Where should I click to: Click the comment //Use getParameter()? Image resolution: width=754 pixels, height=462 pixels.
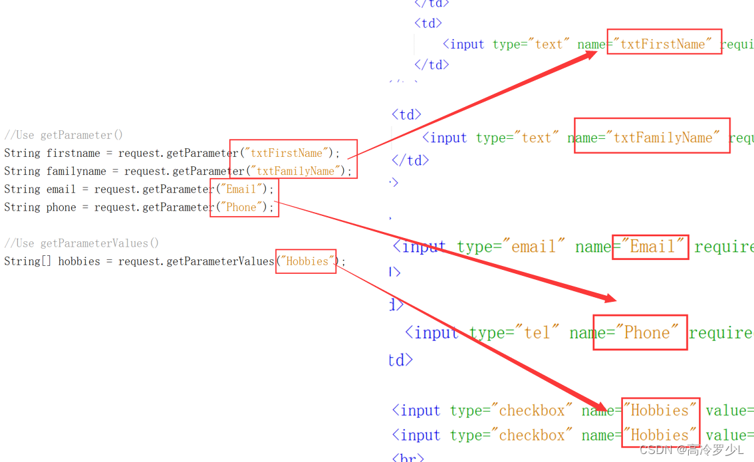click(x=64, y=135)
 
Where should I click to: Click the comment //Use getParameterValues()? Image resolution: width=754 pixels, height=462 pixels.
click(x=82, y=243)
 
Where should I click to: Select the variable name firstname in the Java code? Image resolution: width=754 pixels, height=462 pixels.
click(x=73, y=153)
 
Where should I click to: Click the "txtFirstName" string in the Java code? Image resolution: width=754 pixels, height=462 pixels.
click(x=287, y=153)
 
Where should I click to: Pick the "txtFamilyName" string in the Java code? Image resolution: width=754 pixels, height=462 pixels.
click(x=297, y=171)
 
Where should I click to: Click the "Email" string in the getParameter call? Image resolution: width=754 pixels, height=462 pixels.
click(x=241, y=189)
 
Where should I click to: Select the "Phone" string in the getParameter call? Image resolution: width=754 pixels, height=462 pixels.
click(x=241, y=207)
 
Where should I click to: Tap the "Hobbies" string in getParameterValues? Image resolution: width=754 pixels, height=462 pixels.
click(x=307, y=261)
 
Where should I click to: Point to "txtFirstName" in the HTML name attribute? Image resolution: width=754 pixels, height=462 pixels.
click(x=663, y=44)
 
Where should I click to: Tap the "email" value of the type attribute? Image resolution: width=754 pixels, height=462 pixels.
click(x=533, y=247)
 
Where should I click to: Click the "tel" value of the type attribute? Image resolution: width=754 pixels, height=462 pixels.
click(x=537, y=332)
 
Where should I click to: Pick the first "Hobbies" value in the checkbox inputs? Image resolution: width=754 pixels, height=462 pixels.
click(x=660, y=410)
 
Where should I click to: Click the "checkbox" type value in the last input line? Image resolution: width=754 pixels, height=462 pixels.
click(x=532, y=435)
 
